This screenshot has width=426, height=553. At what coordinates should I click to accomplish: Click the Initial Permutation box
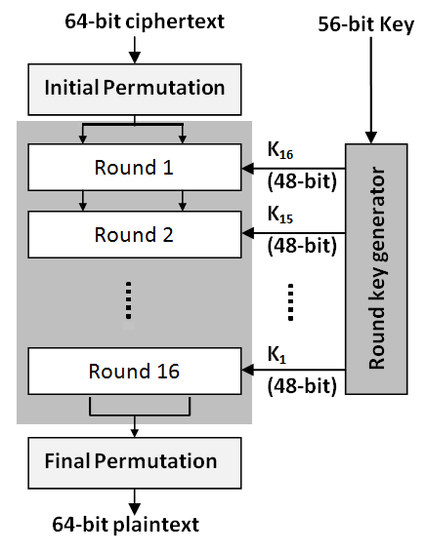click(x=134, y=88)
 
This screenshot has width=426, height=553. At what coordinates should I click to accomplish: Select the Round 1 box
click(x=134, y=167)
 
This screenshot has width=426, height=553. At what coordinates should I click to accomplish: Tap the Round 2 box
click(x=134, y=234)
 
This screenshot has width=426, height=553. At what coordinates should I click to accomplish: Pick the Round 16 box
click(x=134, y=371)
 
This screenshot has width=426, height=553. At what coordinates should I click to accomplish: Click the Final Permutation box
click(x=134, y=461)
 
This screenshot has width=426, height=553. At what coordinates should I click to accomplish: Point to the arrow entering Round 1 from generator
click(x=293, y=167)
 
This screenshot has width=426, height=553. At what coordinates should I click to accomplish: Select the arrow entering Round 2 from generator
click(x=293, y=233)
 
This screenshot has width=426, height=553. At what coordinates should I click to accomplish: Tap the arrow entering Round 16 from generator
click(x=293, y=370)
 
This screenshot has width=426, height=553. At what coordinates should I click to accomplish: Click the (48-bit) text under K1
click(x=301, y=385)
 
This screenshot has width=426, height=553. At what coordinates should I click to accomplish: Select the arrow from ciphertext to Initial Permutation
click(x=135, y=52)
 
